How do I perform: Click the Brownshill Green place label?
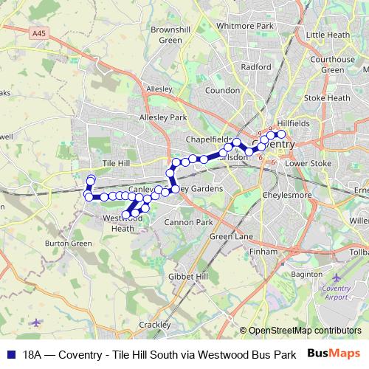tap(165, 35)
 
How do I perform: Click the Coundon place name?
tap(223, 90)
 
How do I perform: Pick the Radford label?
tap(255, 66)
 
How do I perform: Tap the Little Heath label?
tap(328, 35)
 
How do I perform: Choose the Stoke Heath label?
tap(327, 97)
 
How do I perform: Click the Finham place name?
tap(263, 252)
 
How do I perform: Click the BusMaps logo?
tap(334, 354)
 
